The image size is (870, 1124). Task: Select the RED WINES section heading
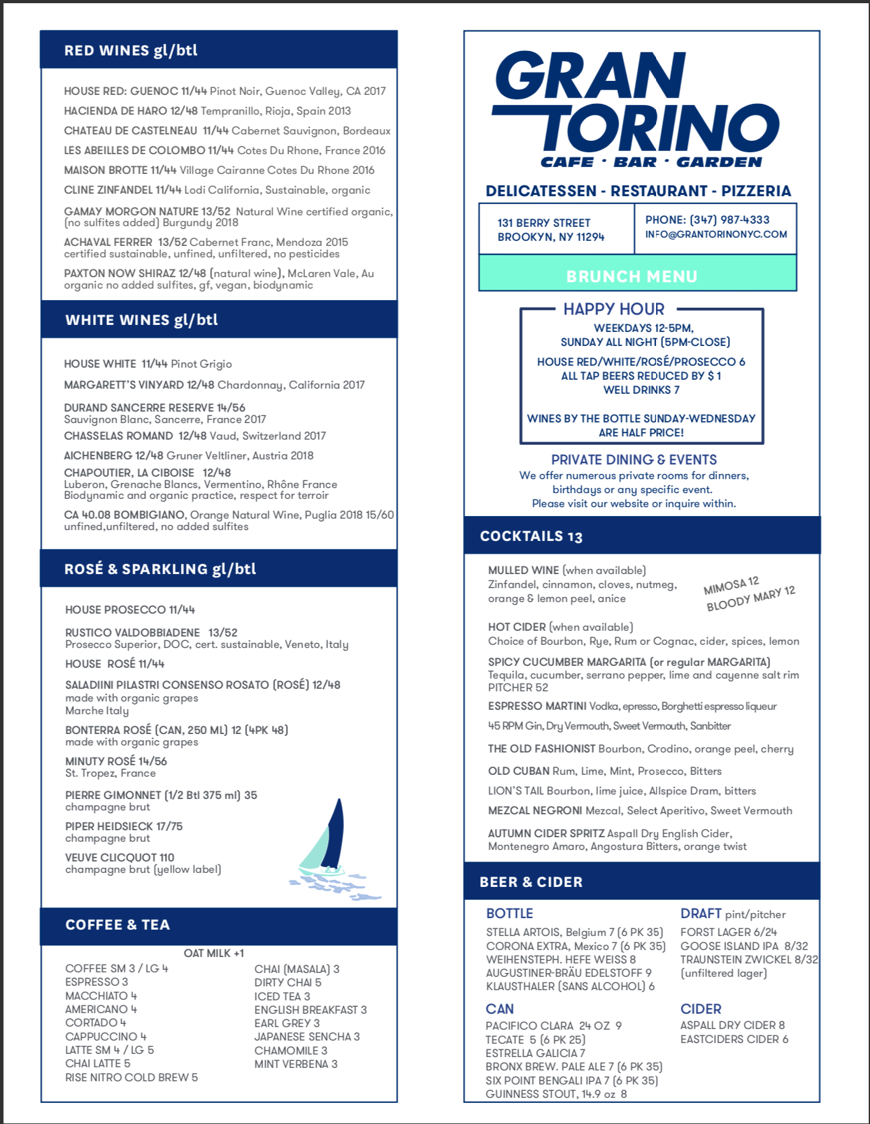[x=131, y=50]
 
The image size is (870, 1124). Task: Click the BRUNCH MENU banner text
[x=632, y=277]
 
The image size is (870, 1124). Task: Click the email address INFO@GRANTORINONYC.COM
[x=716, y=234]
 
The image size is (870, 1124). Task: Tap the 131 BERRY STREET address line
[x=544, y=223]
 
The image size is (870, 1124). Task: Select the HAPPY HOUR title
[x=613, y=309]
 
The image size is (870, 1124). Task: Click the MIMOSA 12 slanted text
[x=731, y=586]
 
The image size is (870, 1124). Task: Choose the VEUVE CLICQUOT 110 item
[x=120, y=858]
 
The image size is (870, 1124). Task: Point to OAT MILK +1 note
[x=213, y=953]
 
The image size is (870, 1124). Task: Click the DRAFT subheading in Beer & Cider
[x=701, y=914]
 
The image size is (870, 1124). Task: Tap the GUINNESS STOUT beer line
[x=556, y=1094]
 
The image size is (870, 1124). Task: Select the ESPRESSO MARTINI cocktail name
[x=537, y=706]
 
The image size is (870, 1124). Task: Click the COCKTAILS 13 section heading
[x=531, y=537]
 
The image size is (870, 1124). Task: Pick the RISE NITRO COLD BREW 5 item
[x=131, y=1077]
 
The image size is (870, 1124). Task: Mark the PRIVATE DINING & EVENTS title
[x=634, y=460]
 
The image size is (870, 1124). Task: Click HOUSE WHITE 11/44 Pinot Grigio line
[x=148, y=364]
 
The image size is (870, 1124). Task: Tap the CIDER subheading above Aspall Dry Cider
[x=701, y=1009]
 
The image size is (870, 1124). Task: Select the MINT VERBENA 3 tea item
[x=296, y=1064]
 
